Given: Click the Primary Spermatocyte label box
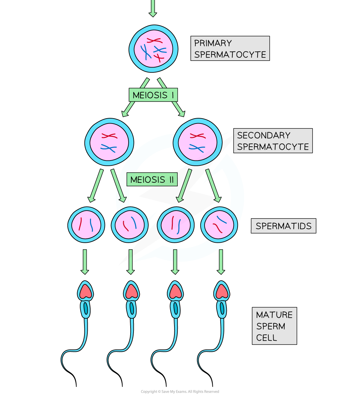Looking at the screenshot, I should pos(230,48).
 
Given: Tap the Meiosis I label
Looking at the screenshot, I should pos(153,95).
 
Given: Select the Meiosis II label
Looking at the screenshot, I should pos(152,179).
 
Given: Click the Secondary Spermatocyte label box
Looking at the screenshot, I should pos(273,141).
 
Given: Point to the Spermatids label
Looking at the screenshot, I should pos(283,226).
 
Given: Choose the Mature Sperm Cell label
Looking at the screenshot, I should pos(274,326).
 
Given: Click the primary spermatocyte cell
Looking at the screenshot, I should pos(153,49).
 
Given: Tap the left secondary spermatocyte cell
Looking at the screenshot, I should pos(109,142).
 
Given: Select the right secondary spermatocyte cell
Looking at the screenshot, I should pos(197,142).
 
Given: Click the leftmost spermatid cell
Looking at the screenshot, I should pos(86,225).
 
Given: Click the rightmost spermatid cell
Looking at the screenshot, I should pos(219,225).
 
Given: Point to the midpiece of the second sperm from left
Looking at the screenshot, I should pos(132,309).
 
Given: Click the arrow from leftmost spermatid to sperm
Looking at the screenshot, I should pos(85,262).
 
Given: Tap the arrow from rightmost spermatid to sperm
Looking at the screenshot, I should pos(221,262).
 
